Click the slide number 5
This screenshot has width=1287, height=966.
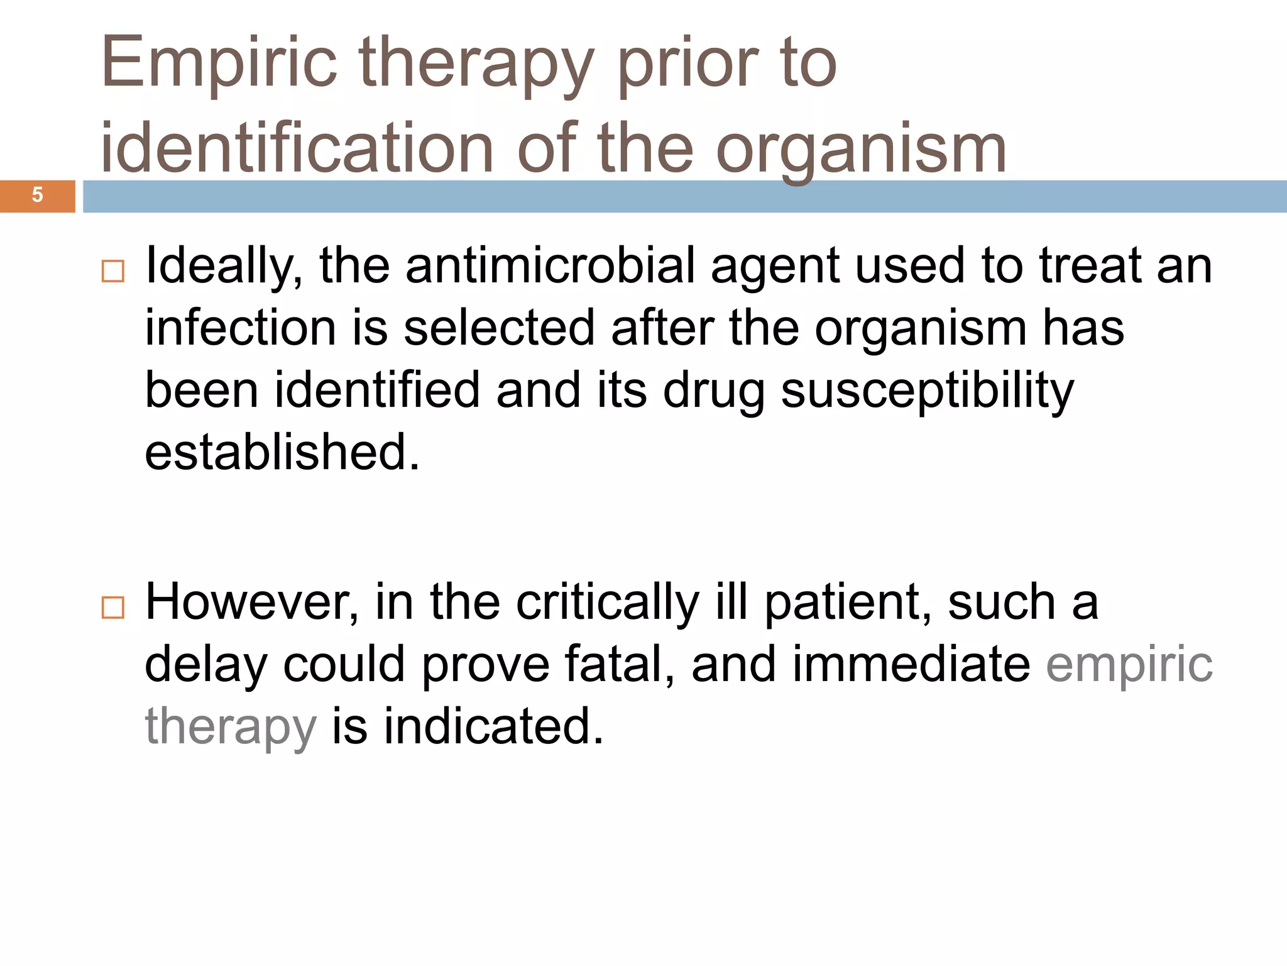[37, 196]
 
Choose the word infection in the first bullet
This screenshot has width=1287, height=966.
[241, 328]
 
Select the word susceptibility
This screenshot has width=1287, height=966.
[928, 391]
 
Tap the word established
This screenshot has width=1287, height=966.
[282, 453]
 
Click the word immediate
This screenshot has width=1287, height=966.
[911, 665]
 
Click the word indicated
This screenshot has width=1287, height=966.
[494, 727]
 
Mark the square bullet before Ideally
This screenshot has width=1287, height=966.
[113, 272]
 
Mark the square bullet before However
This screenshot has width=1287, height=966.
[113, 608]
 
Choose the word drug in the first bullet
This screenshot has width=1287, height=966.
[714, 391]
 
